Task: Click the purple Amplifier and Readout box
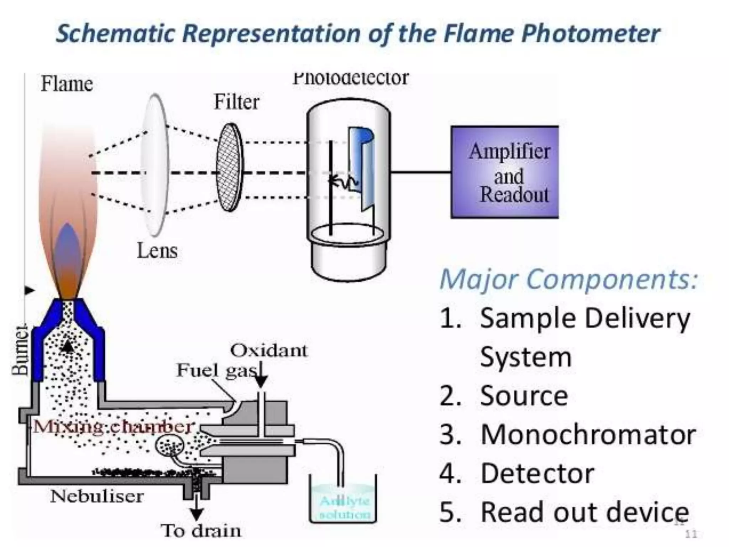tap(504, 172)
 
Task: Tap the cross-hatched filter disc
tap(230, 167)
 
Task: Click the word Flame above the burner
tap(67, 84)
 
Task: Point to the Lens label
tap(157, 251)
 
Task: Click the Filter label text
tap(236, 102)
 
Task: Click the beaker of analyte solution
tap(343, 502)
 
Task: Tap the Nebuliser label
tap(97, 496)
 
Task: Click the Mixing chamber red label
tap(113, 426)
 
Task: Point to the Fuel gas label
tap(217, 370)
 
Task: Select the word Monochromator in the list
tap(588, 435)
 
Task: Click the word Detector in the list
tap(537, 474)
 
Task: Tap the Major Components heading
tap(568, 279)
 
